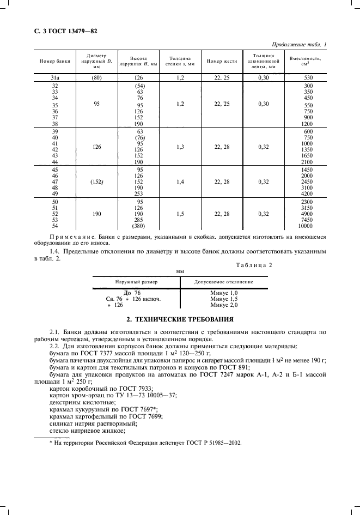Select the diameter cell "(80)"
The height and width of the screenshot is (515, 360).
96,78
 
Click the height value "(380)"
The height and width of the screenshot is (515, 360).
139,226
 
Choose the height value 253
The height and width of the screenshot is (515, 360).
139,193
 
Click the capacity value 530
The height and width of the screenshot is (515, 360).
308,78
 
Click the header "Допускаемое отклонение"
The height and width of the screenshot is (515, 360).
224,282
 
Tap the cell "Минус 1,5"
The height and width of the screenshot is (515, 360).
224,299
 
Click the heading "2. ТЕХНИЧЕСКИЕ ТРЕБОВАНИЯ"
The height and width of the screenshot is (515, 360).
180,319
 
